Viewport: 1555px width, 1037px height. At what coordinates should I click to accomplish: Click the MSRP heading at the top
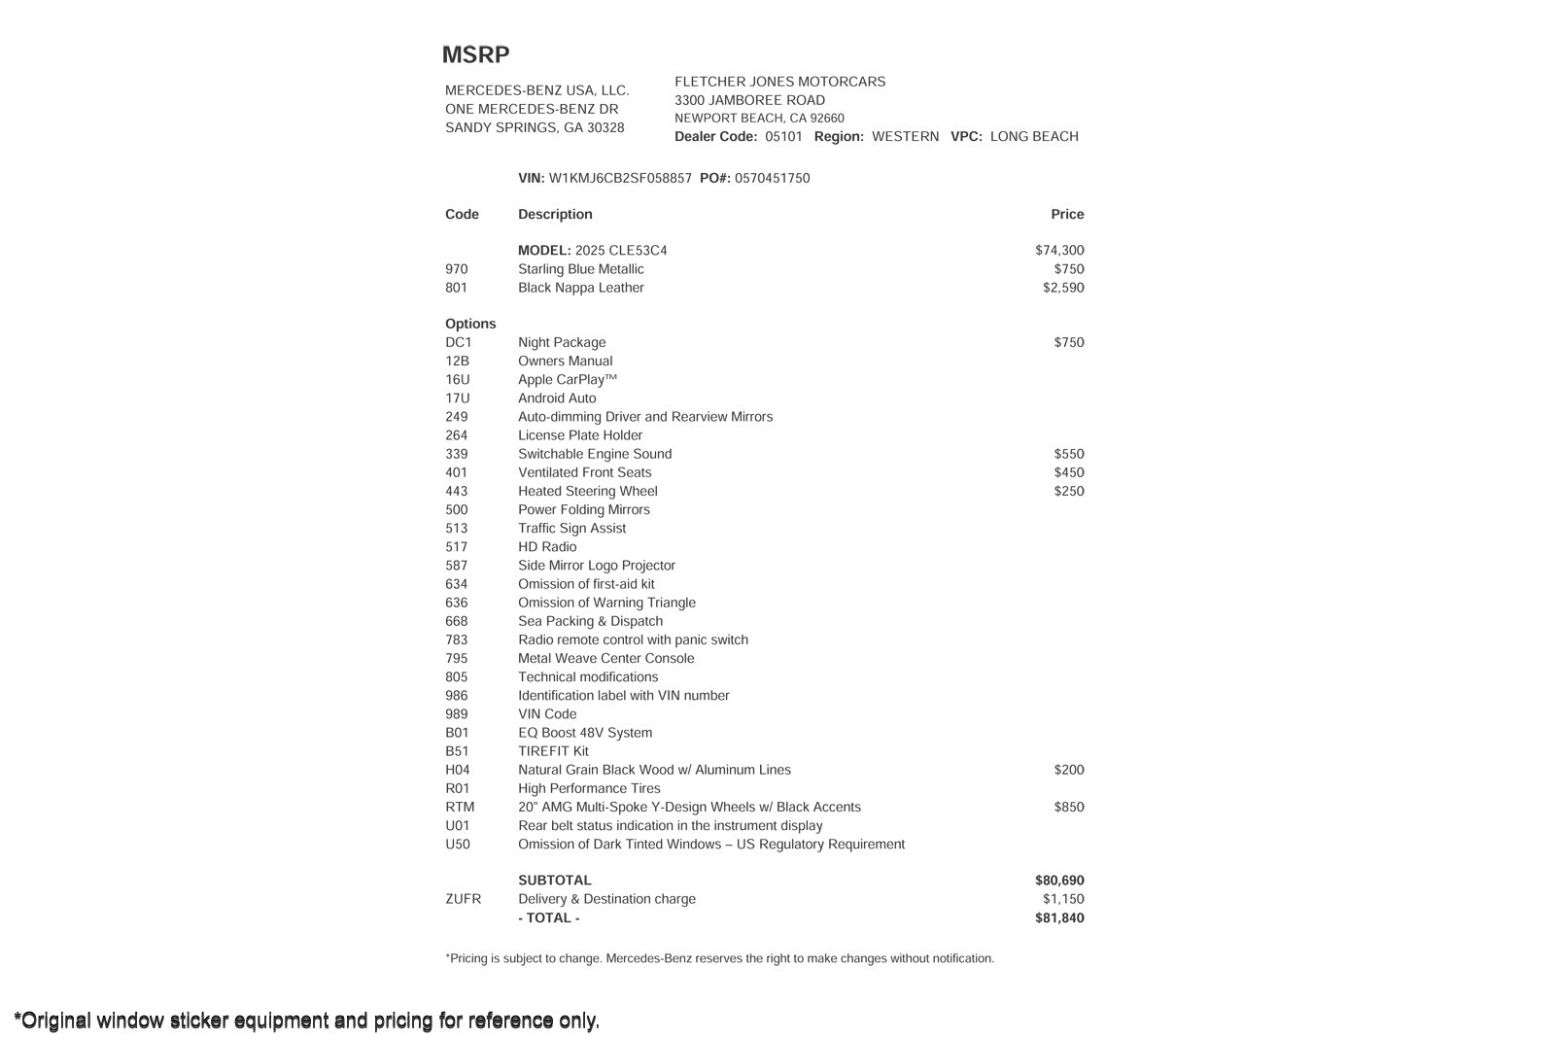tap(475, 55)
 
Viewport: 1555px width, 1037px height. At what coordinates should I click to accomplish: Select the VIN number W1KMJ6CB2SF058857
tap(620, 179)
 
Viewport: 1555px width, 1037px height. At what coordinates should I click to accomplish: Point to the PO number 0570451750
tap(772, 179)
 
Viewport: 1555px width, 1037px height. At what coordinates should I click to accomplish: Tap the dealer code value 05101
tap(783, 137)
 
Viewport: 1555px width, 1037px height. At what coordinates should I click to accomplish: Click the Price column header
tap(1066, 215)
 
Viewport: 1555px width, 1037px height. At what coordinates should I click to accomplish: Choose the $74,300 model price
tap(1059, 251)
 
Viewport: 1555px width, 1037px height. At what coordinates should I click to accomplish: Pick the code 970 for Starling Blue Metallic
tap(456, 269)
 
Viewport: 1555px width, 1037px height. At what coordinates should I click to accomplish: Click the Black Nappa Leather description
tap(580, 288)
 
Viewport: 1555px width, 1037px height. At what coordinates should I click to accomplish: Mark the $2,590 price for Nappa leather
tap(1063, 288)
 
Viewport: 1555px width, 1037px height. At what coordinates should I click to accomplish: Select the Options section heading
tap(470, 324)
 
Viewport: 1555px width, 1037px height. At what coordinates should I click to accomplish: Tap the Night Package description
tap(561, 342)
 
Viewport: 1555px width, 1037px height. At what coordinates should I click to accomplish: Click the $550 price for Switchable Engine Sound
tap(1068, 454)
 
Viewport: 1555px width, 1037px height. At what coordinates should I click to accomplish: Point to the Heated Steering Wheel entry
tap(587, 492)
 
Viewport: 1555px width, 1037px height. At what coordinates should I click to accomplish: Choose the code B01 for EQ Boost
tap(457, 733)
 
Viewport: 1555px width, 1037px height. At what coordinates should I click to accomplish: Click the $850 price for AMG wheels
tap(1068, 808)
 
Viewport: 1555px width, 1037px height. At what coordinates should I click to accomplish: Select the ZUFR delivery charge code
tap(463, 899)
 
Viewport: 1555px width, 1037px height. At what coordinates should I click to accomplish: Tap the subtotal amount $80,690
tap(1059, 881)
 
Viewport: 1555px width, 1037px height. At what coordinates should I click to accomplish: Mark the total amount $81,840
tap(1059, 918)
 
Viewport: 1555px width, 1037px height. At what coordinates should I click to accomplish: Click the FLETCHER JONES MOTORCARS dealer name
tap(779, 83)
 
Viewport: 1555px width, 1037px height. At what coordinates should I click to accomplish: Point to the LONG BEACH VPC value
tap(1034, 137)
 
